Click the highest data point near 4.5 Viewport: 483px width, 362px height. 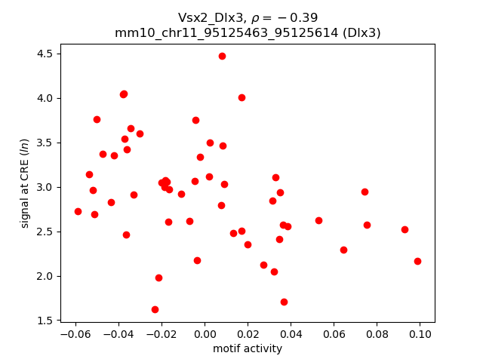[222, 56]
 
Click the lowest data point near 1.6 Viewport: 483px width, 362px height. [155, 309]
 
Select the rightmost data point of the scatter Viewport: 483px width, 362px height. [417, 261]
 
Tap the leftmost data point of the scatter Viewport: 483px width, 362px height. [78, 211]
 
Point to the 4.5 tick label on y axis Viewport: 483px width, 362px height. [45, 54]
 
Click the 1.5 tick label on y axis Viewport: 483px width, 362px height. [45, 321]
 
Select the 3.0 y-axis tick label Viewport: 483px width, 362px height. [45, 187]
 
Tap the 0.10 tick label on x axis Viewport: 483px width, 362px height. [420, 334]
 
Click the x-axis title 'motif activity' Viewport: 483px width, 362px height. [248, 348]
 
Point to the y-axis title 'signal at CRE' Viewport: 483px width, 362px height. [25, 183]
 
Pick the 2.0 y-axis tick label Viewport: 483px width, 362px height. [45, 276]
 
